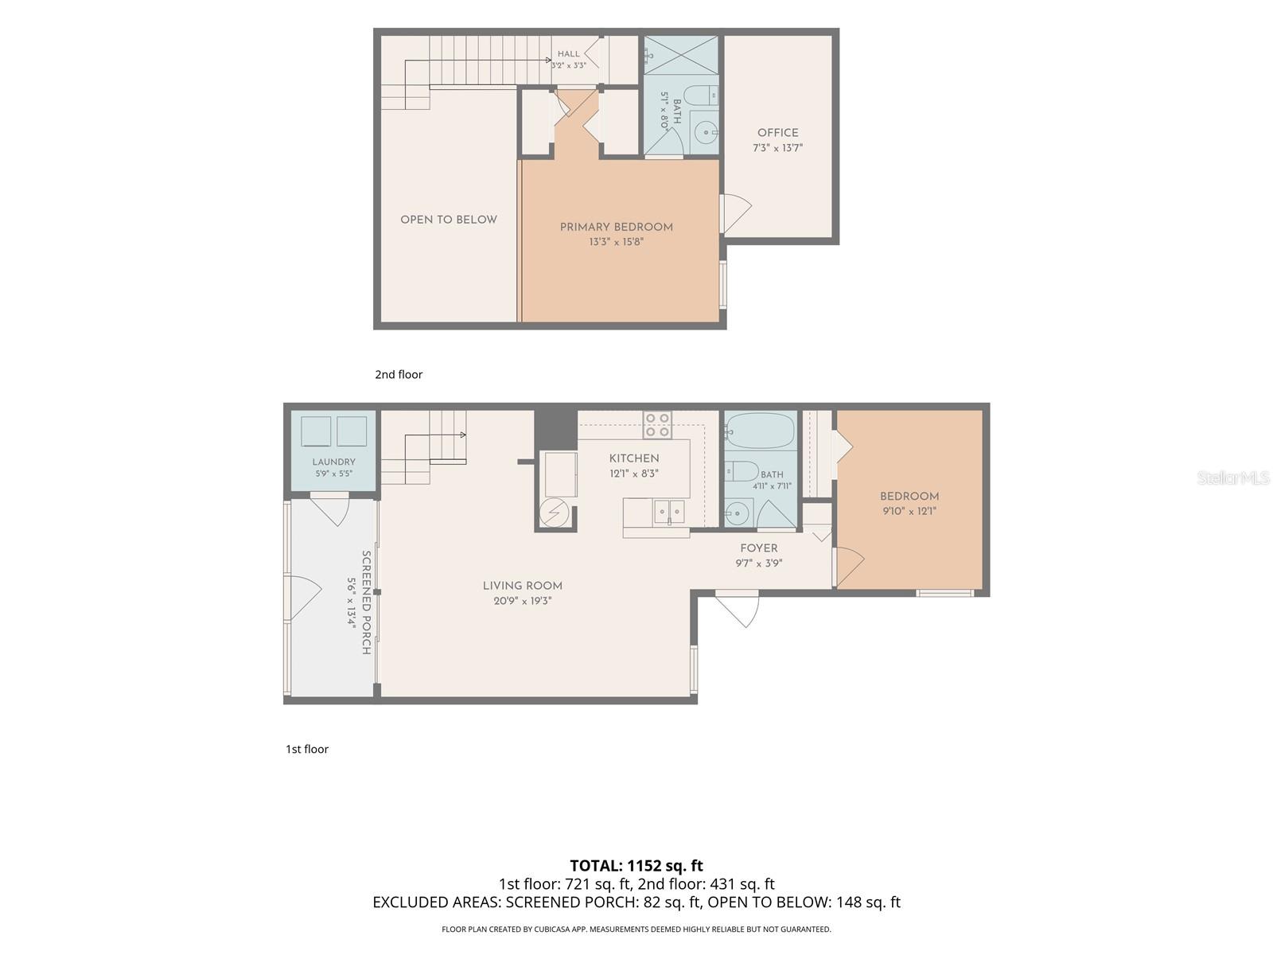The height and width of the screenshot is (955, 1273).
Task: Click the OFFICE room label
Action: tap(777, 133)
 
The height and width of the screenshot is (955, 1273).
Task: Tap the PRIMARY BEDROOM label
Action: tap(616, 227)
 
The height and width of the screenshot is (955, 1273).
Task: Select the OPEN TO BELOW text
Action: tap(448, 220)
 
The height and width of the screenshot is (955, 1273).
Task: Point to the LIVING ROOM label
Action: tap(522, 586)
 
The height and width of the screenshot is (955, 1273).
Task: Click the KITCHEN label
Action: tap(634, 458)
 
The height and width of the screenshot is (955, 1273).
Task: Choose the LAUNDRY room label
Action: tap(333, 462)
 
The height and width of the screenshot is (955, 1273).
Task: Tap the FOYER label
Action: tap(758, 548)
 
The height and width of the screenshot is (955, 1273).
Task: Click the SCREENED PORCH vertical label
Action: tap(366, 602)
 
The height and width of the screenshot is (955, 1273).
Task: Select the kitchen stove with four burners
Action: tap(657, 425)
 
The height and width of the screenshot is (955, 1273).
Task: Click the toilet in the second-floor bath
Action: tap(702, 95)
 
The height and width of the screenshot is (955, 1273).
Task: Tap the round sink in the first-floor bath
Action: tap(738, 513)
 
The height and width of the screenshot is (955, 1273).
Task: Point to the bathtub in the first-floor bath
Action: tap(760, 431)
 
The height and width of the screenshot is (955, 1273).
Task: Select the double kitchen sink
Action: tap(668, 512)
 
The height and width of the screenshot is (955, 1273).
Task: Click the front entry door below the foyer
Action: tap(737, 608)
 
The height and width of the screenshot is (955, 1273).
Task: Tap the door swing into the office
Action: tap(735, 213)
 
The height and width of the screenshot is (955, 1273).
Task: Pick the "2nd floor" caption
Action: tap(399, 375)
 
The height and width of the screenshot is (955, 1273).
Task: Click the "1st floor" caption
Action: tap(307, 749)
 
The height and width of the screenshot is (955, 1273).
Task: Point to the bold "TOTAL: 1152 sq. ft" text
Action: tap(636, 866)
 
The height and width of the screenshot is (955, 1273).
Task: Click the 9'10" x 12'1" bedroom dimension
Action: tap(909, 512)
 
